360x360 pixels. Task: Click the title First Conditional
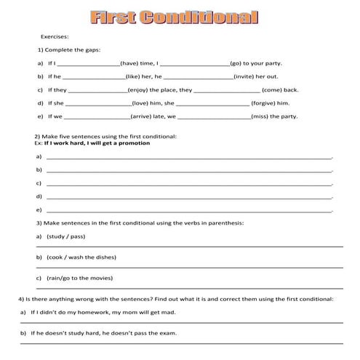point(174,17)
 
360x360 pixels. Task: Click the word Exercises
point(55,35)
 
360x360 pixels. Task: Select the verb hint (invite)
point(246,76)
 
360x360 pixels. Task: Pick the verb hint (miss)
point(263,116)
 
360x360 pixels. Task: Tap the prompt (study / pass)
point(65,237)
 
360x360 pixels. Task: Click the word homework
point(94,313)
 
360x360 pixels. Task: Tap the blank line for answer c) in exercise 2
point(189,183)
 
